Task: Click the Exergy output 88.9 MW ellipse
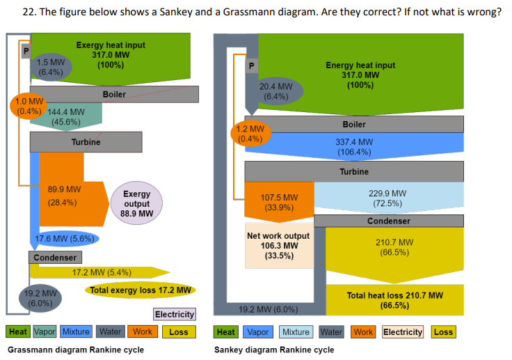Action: (136, 203)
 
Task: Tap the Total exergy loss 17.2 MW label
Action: (141, 290)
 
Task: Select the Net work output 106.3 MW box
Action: (278, 245)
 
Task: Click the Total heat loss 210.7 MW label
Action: (394, 300)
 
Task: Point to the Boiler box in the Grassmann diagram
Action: (114, 94)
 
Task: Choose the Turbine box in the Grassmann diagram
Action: (86, 142)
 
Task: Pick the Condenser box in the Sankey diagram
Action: (388, 221)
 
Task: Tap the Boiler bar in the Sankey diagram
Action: (353, 124)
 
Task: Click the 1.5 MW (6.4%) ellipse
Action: (51, 66)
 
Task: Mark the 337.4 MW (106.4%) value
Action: (353, 146)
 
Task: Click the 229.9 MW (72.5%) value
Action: (388, 198)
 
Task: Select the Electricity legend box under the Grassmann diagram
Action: (174, 315)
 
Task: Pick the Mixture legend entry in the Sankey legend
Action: (296, 332)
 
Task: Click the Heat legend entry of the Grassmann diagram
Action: (18, 332)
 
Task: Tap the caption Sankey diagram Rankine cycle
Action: (274, 350)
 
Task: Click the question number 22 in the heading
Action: (29, 13)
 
